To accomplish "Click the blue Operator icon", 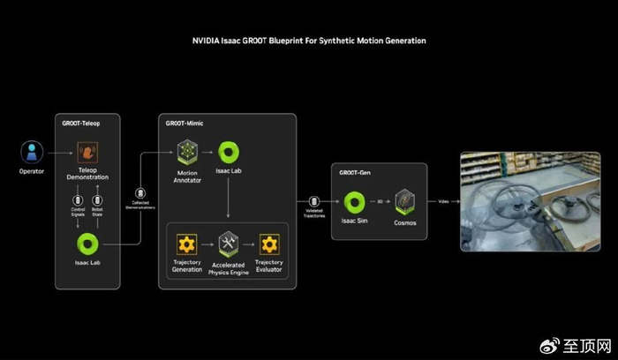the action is click(x=31, y=152).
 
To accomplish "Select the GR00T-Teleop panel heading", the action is click(x=82, y=124).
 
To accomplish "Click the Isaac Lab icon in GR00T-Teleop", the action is click(x=87, y=243).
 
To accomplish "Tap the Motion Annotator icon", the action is click(x=186, y=152).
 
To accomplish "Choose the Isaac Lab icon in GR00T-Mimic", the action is click(x=229, y=152).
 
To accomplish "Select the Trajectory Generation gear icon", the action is click(x=186, y=244).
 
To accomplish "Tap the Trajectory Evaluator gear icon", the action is click(x=268, y=244).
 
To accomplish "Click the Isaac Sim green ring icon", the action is click(x=355, y=201).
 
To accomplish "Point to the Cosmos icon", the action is click(x=405, y=201).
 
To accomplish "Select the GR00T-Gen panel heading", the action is click(x=356, y=173).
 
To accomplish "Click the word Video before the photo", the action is click(x=443, y=202).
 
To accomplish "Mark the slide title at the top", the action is click(x=310, y=41).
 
